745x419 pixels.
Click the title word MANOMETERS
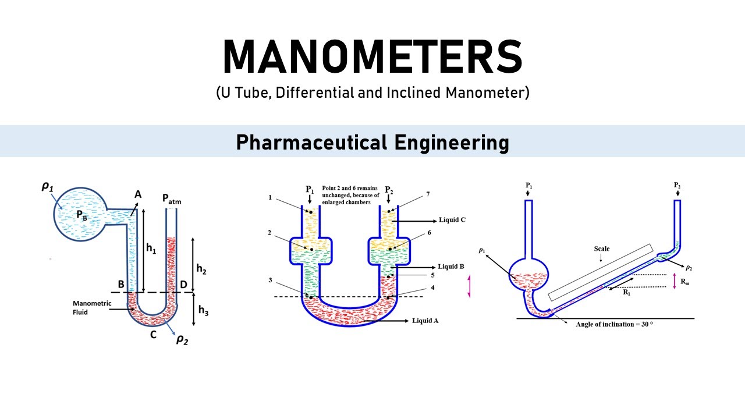point(372,56)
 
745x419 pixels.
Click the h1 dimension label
point(150,249)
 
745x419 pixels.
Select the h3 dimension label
point(203,310)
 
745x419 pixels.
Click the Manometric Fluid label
point(90,307)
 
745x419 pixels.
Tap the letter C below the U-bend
point(154,335)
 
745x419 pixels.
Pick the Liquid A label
point(425,321)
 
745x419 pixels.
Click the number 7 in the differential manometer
point(428,194)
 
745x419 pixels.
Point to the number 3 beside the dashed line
point(270,280)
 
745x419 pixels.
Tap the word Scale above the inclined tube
point(602,249)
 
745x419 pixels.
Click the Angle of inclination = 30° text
point(614,324)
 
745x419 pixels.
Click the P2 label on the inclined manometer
point(677,186)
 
